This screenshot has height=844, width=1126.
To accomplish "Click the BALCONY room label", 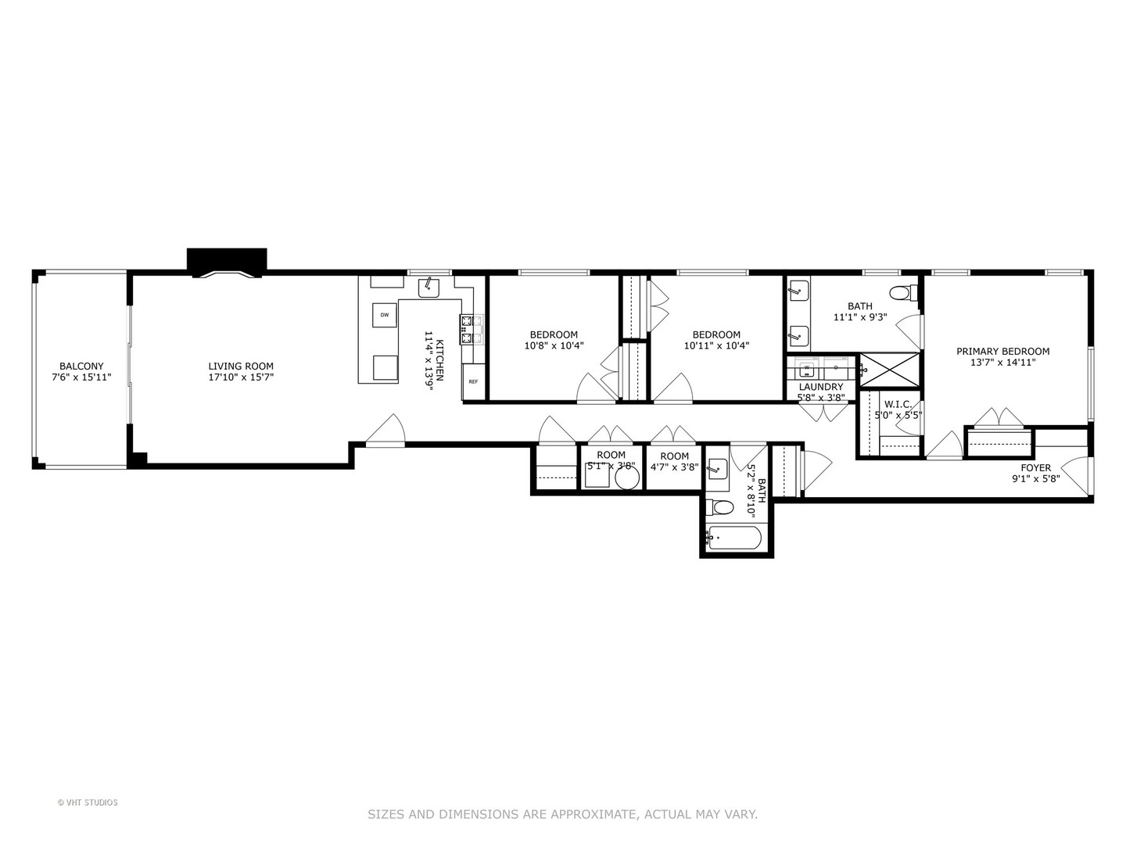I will [81, 367].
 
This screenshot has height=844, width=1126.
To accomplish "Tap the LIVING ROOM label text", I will [241, 367].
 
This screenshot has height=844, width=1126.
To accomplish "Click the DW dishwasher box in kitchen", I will [385, 315].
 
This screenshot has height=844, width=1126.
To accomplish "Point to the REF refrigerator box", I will [473, 381].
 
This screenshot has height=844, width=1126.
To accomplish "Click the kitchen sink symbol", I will [429, 287].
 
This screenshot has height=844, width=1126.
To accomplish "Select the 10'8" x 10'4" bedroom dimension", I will [554, 345].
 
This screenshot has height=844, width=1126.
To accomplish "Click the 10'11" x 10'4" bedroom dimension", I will [716, 345].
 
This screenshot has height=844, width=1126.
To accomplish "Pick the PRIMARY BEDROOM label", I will [1002, 352].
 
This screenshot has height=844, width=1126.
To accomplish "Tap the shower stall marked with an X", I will [890, 370].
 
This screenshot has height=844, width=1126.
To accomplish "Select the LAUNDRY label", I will [821, 387].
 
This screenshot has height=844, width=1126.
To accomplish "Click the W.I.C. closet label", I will [898, 404].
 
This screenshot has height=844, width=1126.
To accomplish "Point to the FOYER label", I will [1035, 468].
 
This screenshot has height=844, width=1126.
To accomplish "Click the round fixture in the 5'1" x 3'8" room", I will [627, 478].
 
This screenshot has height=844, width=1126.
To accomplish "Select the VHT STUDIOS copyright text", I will [88, 803].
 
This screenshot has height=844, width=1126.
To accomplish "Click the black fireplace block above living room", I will [227, 260].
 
